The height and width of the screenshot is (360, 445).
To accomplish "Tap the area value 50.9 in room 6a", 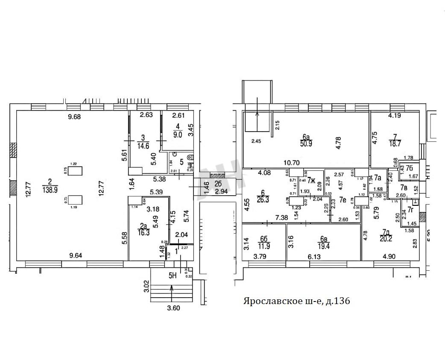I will coord(306,144).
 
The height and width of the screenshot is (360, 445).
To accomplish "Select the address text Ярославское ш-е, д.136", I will coord(296,301).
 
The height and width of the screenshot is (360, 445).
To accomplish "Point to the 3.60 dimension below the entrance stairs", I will coord(173,307).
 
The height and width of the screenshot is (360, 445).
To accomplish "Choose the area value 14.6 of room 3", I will coord(143,145).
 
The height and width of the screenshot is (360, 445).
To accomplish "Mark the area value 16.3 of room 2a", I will coord(143,233).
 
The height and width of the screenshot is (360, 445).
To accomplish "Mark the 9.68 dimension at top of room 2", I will coord(72,117).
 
